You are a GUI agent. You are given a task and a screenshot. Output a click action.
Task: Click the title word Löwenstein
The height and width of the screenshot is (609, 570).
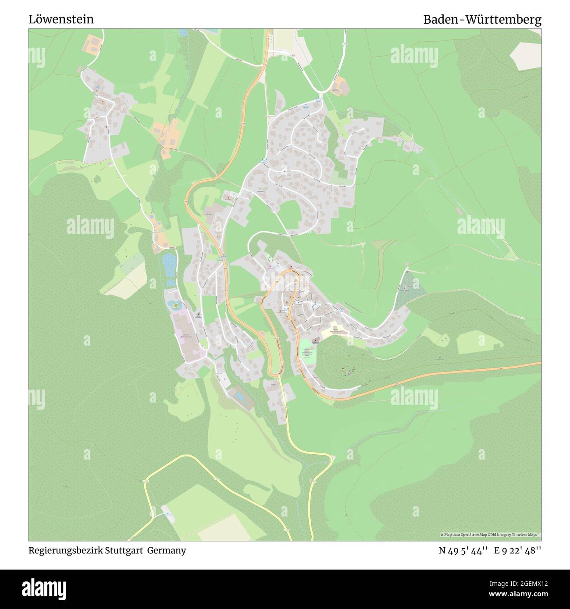(61, 20)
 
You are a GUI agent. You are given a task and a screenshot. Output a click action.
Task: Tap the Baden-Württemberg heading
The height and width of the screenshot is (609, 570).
(482, 20)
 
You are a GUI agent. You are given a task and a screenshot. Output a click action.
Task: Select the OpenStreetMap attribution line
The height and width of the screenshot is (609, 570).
(490, 535)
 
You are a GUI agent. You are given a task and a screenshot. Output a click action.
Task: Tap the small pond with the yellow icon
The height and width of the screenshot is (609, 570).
(175, 305)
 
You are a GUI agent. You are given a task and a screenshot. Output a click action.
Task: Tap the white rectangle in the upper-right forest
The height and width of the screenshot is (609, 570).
(525, 56)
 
